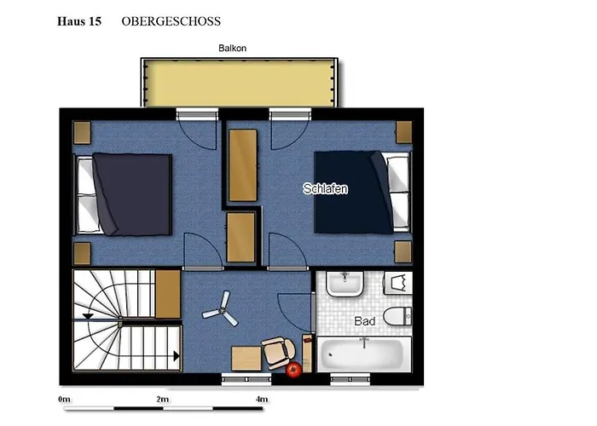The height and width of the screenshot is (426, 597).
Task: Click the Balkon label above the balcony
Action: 232,49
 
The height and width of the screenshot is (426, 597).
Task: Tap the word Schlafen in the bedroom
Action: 325,188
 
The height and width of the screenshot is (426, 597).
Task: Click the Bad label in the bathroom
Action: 365,321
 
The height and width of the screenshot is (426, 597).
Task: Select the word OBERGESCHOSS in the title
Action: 171,21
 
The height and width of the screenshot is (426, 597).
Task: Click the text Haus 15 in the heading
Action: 79,21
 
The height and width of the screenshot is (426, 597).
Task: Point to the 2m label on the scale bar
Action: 163,400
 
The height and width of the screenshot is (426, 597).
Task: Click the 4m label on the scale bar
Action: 262,400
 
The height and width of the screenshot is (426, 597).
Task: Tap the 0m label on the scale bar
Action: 64,400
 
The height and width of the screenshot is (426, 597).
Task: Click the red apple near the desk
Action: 294,369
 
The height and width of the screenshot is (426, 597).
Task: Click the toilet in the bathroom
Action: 397,316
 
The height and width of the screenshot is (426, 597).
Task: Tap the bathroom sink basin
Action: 345,284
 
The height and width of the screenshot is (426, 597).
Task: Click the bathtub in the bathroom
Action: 364,354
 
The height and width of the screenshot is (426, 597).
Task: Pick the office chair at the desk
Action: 279,353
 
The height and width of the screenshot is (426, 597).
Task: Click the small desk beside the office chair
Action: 246,359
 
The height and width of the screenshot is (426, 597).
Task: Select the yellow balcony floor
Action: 239,83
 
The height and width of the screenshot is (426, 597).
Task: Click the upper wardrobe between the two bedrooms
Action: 243,165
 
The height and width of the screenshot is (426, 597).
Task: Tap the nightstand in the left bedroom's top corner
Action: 82,133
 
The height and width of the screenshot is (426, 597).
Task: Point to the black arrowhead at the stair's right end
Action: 177,356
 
